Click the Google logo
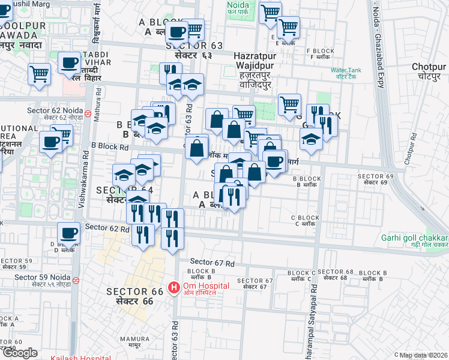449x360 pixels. (x=20, y=353)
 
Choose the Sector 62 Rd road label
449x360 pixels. (x=107, y=227)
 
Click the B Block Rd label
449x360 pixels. (x=110, y=146)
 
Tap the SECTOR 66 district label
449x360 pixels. (x=135, y=296)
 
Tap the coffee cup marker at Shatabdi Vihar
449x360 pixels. (x=70, y=62)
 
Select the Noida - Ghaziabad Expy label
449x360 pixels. (x=378, y=45)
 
